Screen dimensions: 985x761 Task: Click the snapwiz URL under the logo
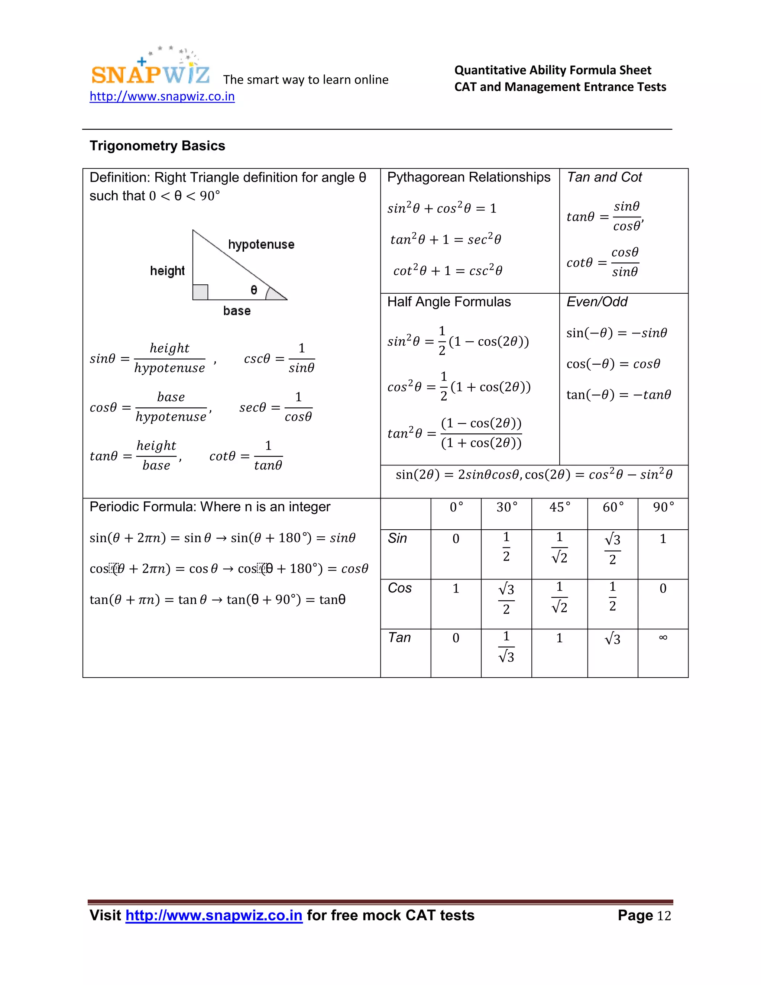point(162,97)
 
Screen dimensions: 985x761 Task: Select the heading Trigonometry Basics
point(157,146)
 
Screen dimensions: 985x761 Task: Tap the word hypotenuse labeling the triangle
point(261,245)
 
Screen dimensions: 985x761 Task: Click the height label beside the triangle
point(167,271)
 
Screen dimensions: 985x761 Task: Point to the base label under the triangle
point(237,311)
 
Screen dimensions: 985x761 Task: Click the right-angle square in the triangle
point(200,292)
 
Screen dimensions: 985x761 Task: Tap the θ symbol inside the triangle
point(254,290)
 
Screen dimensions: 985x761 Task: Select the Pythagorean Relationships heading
point(469,177)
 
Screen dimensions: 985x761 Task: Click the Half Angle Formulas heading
point(448,302)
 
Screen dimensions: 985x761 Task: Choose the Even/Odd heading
point(596,302)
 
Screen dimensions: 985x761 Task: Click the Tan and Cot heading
point(604,177)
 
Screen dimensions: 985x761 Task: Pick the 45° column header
point(560,507)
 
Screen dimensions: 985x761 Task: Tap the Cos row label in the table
point(399,588)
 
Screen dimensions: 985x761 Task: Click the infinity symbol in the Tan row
point(663,637)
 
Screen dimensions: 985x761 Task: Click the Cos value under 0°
point(456,588)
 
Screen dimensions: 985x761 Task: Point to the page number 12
point(664,916)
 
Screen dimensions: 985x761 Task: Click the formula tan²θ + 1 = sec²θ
point(446,239)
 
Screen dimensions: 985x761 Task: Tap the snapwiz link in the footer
point(214,915)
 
